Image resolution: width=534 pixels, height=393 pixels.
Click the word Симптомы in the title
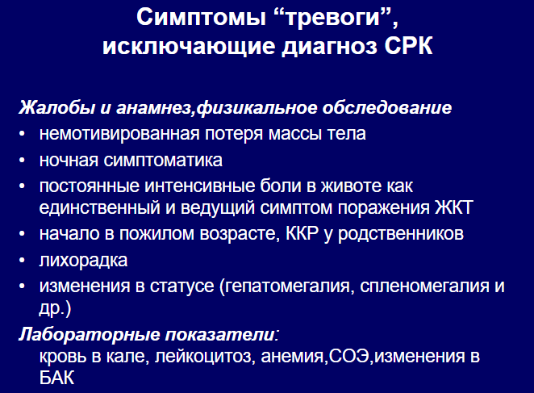pyautogui.click(x=201, y=17)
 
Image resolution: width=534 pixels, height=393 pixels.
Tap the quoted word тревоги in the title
pyautogui.click(x=333, y=18)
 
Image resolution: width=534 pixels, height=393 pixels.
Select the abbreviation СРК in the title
pyautogui.click(x=409, y=46)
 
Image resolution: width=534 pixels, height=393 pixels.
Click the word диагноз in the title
pyautogui.click(x=329, y=47)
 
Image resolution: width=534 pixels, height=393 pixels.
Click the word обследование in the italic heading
pyautogui.click(x=387, y=108)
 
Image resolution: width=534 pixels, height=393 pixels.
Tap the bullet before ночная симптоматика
pyautogui.click(x=22, y=161)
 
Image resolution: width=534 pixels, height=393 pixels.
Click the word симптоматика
pyautogui.click(x=163, y=161)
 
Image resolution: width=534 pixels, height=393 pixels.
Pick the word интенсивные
pyautogui.click(x=199, y=186)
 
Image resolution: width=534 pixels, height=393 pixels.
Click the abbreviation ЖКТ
pyautogui.click(x=454, y=207)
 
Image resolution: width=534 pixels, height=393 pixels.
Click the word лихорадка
pyautogui.click(x=83, y=261)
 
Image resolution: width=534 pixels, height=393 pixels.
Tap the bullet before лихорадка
pyautogui.click(x=22, y=261)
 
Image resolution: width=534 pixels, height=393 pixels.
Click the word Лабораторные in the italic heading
pyautogui.click(x=90, y=334)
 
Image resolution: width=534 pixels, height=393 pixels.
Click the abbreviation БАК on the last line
pyautogui.click(x=56, y=378)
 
